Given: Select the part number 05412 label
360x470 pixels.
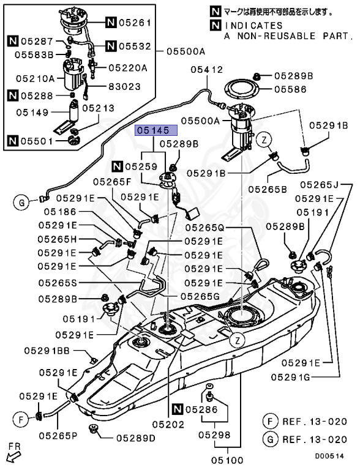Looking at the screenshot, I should [206, 70].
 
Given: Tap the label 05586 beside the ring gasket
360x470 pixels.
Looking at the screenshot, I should [290, 89].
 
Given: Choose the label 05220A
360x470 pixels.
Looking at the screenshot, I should [129, 68].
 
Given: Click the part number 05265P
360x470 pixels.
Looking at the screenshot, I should [59, 436].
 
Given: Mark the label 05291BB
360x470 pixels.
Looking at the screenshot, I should [47, 351].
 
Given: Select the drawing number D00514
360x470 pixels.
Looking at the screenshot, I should [330, 456].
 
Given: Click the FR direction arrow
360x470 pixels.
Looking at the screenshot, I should [12, 454].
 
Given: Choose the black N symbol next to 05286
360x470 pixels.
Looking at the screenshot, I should [178, 409].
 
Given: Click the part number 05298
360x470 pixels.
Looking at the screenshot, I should [214, 435].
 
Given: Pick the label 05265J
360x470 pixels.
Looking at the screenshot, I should [318, 184].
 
